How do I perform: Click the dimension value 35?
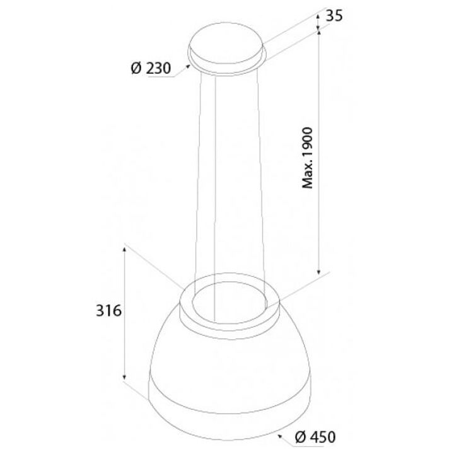coord(334,16)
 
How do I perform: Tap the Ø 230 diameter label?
coord(151,68)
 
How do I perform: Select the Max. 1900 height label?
coord(308,158)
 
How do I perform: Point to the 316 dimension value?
coord(108,311)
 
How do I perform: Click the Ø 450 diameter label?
coord(315,436)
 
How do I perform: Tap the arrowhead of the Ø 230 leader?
coord(188,66)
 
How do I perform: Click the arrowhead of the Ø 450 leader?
coord(280,429)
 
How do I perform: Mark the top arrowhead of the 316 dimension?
coord(124,249)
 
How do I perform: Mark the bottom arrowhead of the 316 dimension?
coord(124,376)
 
